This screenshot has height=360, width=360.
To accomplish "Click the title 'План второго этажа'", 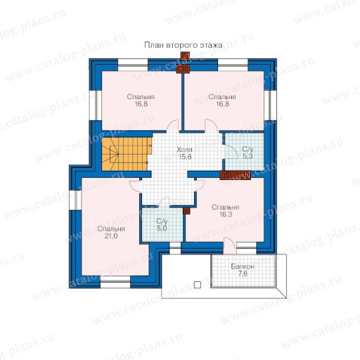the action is (x=183, y=45).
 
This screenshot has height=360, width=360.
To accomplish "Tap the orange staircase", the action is (x=127, y=154).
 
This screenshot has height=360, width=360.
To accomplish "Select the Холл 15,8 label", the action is (x=185, y=153).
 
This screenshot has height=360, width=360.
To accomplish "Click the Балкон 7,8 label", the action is (x=243, y=270).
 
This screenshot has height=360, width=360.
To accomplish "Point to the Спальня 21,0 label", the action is (x=111, y=232).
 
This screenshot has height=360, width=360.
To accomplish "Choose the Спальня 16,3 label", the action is (x=226, y=211).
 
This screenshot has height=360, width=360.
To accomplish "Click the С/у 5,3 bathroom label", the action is (x=247, y=153).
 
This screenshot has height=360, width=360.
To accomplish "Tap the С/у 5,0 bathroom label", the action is (x=162, y=224).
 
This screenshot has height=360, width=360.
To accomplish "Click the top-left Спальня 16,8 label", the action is (x=141, y=101).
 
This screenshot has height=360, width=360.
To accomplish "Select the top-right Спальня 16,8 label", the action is (x=222, y=101).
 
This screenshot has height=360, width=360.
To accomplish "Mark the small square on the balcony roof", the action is (x=198, y=285).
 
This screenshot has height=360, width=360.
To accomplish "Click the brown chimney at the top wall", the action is (x=184, y=63).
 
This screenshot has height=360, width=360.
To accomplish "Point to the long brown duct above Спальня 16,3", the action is (x=235, y=175).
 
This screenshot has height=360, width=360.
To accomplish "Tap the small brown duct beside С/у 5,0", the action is (x=186, y=211).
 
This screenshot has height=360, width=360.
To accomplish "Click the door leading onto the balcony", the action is (x=229, y=245).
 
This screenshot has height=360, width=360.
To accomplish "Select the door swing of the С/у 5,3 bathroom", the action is (x=231, y=152).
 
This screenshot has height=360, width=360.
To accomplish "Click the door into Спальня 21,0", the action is (x=135, y=186).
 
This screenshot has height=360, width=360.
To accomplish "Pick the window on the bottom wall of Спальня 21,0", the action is (x=115, y=282).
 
